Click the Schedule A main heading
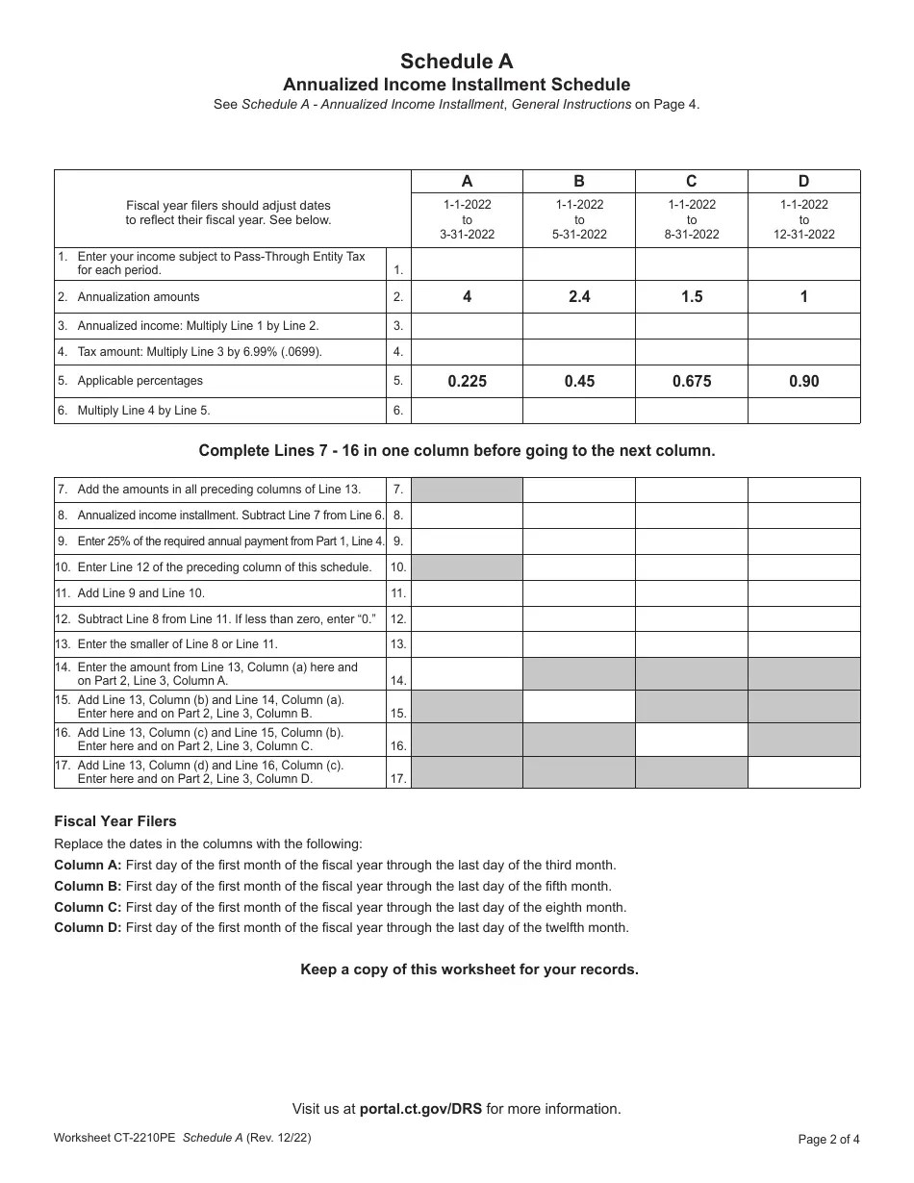(x=457, y=62)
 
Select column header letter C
(x=692, y=181)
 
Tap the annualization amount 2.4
(x=579, y=297)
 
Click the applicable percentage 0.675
(x=692, y=381)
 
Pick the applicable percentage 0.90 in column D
(x=804, y=381)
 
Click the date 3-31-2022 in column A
(x=467, y=234)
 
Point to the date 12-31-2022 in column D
(x=804, y=234)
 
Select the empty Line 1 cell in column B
(x=579, y=264)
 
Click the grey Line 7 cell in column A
(x=467, y=490)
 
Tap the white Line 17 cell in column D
(x=804, y=772)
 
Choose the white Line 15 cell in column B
(x=579, y=707)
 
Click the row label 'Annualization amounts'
(x=139, y=297)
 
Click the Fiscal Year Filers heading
(x=115, y=821)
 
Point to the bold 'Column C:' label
(x=88, y=907)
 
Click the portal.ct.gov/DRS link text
(x=420, y=1109)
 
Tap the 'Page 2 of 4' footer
(x=829, y=1140)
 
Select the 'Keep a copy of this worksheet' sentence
(x=470, y=969)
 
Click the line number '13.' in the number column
(x=398, y=644)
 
